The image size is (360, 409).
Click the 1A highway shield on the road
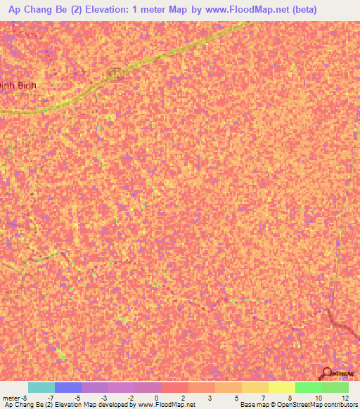115,74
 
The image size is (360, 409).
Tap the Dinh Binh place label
18,84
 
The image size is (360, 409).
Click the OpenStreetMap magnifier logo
325,373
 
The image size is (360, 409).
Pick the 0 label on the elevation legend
155,398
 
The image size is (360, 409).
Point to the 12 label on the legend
344,398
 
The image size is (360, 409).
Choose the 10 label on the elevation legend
317,398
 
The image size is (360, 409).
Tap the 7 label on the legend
263,398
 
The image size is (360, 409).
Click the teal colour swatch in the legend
41,387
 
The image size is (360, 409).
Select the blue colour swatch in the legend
67,387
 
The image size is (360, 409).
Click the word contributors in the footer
340,405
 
